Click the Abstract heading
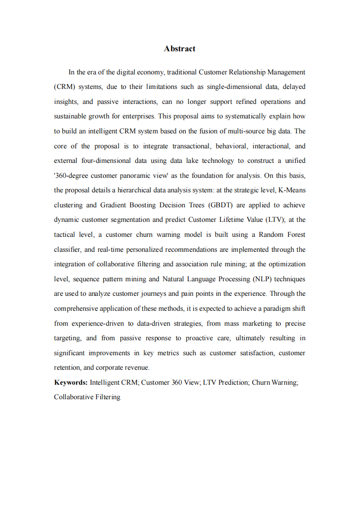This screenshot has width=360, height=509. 180,49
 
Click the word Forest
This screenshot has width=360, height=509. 295,235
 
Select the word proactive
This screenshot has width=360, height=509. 198,338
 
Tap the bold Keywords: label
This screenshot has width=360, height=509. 71,382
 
